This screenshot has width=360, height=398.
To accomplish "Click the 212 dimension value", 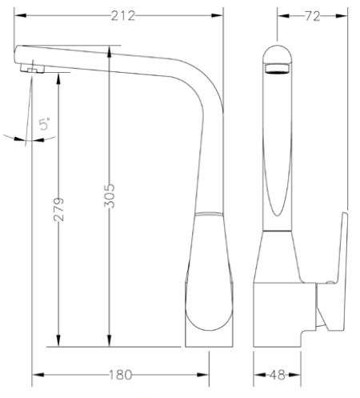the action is pos(123,16).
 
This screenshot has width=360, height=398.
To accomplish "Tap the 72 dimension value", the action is pos(312,16).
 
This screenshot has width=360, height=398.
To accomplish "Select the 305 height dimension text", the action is pos(110,195).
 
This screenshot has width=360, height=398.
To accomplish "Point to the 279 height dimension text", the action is pos(59,210).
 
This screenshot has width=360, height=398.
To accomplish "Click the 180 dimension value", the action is pos(121,375).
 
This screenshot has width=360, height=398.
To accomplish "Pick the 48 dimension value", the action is pos(278,375).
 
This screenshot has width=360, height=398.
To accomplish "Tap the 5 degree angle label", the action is pos(45,123).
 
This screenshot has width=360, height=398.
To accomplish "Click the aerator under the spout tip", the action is pos(32,69).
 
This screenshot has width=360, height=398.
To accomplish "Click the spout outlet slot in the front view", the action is pos(278,68).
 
